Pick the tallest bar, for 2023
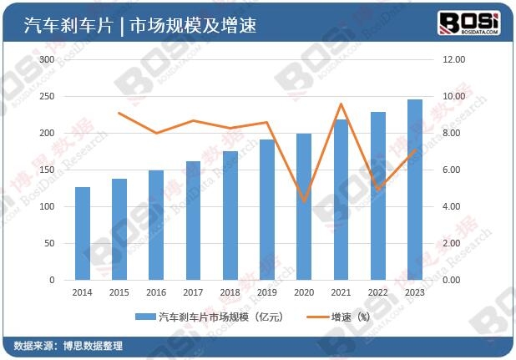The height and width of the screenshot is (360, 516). [x=414, y=190]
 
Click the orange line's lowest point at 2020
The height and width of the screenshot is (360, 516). [x=304, y=201]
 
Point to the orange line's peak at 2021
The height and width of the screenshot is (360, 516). [x=341, y=104]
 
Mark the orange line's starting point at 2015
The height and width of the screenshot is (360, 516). [x=119, y=113]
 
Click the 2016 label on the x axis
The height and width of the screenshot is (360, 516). [x=156, y=292]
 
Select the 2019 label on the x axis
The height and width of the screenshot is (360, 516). [x=266, y=292]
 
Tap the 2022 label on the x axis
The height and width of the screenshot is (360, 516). [x=377, y=292]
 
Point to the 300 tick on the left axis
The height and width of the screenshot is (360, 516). [x=46, y=60]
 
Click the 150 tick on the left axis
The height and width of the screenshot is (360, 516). [x=46, y=170]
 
